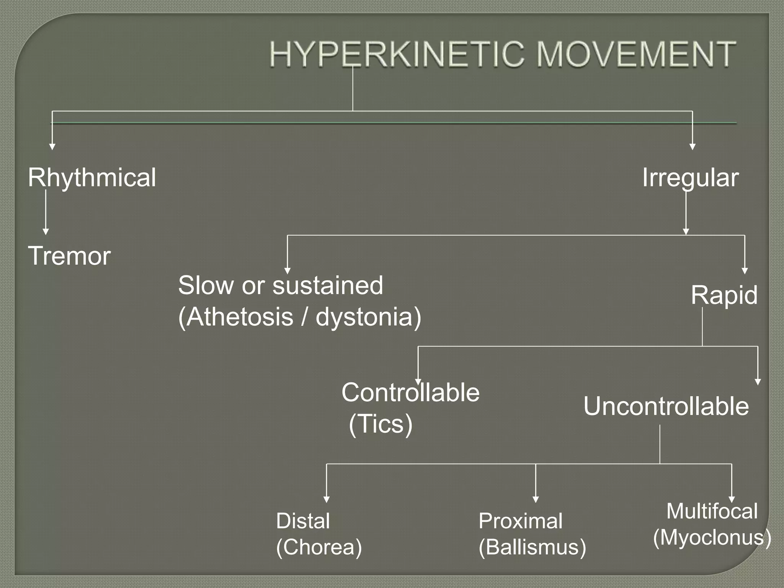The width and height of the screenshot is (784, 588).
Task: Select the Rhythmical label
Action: tap(92, 178)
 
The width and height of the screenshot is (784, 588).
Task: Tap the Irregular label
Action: tap(690, 178)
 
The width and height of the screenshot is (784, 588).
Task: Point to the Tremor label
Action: tap(69, 256)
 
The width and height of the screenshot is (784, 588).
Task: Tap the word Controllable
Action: tap(410, 393)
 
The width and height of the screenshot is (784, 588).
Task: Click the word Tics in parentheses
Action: tap(381, 424)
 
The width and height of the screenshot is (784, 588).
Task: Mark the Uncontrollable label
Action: tap(666, 406)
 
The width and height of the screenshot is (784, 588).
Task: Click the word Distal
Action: tap(303, 521)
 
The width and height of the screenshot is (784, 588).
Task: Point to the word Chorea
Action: tap(319, 547)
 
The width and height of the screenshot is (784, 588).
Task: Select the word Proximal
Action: tap(521, 521)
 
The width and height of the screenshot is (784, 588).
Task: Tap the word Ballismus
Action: tap(532, 547)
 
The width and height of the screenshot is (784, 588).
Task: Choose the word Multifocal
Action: tap(712, 511)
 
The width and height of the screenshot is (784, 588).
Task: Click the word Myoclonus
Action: tap(712, 537)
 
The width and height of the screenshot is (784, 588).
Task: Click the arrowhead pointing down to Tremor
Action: tap(46, 232)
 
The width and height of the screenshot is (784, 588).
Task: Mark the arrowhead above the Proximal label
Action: tap(536, 500)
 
